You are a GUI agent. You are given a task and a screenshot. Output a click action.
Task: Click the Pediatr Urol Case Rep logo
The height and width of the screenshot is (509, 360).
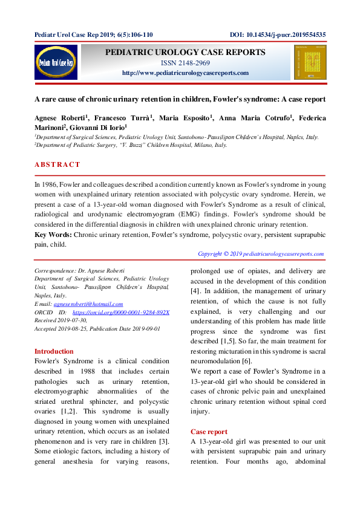tap(56, 62)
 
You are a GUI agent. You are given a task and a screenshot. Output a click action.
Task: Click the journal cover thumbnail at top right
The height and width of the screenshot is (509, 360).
tap(306, 62)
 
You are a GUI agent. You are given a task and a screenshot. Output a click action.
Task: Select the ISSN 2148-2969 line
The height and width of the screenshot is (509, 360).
tap(185, 63)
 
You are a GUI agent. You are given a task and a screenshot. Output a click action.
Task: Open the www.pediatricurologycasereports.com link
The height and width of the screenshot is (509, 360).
tap(185, 73)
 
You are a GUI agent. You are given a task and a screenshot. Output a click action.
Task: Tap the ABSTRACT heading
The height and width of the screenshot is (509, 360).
tap(57, 164)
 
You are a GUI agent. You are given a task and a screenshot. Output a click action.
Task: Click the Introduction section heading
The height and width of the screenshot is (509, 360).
tap(54, 351)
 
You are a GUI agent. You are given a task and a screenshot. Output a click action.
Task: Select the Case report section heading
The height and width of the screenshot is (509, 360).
tap(209, 432)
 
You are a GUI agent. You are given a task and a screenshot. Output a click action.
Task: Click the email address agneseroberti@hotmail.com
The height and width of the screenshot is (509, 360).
tap(88, 304)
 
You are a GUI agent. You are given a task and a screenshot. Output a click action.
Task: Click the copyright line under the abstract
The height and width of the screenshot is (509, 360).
tap(261, 254)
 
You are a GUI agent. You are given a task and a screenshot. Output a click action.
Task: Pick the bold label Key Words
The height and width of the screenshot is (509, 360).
tap(53, 234)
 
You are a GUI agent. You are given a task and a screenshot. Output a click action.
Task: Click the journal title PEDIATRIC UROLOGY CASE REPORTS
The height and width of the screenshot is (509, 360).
tap(185, 53)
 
